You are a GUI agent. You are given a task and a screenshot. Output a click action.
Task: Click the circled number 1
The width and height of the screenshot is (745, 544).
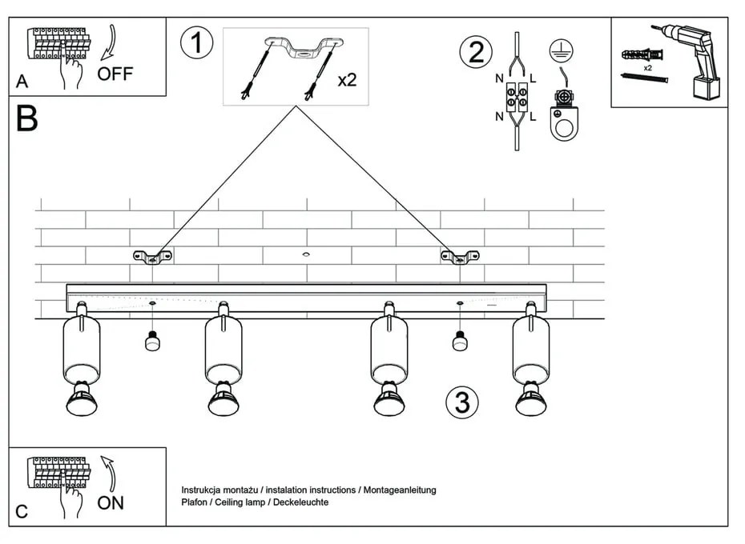pyautogui.click(x=196, y=42)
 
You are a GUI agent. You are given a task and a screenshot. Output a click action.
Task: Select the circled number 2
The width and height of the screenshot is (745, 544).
pyautogui.click(x=476, y=53)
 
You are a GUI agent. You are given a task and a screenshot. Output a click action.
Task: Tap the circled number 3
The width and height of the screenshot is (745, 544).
pyautogui.click(x=462, y=402)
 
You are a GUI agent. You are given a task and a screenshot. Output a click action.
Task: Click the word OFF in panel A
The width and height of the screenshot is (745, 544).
pyautogui.click(x=115, y=74)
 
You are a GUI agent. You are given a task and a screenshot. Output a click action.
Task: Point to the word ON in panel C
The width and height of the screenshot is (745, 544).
pyautogui.click(x=111, y=503)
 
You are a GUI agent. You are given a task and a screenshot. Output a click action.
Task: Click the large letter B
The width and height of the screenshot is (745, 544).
pyautogui.click(x=26, y=119)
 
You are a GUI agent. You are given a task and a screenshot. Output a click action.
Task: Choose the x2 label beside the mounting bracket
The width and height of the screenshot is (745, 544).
pyautogui.click(x=347, y=81)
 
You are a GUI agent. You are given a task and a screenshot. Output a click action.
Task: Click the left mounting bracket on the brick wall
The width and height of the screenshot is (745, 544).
pyautogui.click(x=152, y=257)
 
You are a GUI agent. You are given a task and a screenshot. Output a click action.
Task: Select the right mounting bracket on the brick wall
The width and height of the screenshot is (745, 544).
pyautogui.click(x=460, y=257)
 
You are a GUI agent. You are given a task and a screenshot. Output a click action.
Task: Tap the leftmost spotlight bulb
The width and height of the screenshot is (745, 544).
pyautogui.click(x=82, y=399)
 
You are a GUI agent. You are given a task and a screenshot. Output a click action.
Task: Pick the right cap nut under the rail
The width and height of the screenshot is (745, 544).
pyautogui.click(x=460, y=342)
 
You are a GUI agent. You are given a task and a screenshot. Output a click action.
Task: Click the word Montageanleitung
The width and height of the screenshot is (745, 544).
pyautogui.click(x=400, y=490)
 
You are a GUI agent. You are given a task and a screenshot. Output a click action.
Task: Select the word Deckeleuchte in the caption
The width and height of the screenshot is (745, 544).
pyautogui.click(x=302, y=502)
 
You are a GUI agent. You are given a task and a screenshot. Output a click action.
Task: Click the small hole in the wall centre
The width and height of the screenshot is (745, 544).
pyautogui.click(x=305, y=254)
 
